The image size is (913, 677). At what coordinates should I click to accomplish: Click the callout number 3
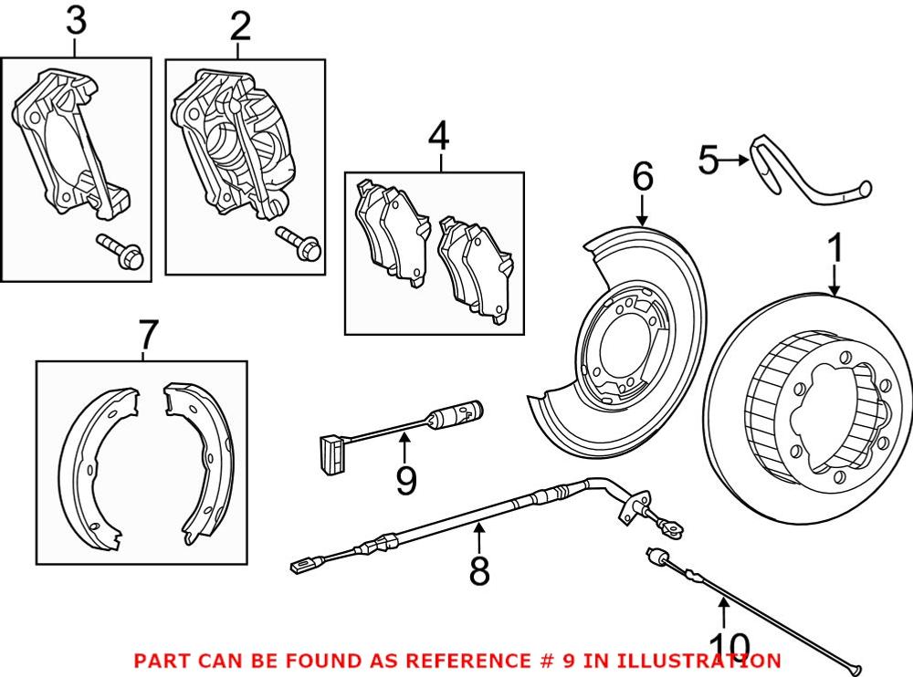click(77, 24)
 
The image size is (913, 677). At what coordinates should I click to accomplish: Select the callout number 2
click(240, 26)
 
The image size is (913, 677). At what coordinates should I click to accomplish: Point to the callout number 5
click(708, 161)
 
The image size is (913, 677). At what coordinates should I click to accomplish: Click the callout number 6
click(643, 177)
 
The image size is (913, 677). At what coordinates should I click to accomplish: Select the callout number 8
click(478, 571)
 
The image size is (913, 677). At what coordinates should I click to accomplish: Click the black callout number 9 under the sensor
click(406, 477)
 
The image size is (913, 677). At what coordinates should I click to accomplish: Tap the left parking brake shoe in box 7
click(97, 465)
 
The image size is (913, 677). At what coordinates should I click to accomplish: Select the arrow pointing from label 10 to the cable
click(721, 613)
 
